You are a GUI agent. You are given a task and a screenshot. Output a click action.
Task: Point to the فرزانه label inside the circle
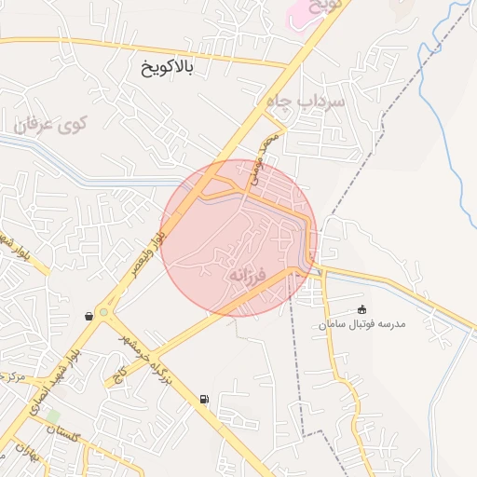(247, 276)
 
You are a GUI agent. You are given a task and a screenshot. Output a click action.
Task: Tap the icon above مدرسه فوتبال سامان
(362, 309)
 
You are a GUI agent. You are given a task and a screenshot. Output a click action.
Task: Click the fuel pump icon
(204, 400)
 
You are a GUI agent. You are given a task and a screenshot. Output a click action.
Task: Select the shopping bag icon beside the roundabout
(89, 316)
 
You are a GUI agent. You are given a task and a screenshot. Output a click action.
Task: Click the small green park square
(54, 415)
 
